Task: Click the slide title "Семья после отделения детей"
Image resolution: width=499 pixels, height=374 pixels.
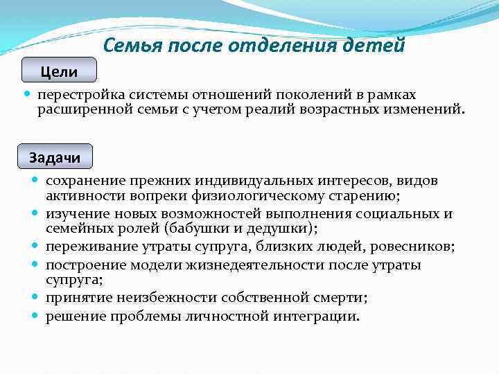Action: (253, 46)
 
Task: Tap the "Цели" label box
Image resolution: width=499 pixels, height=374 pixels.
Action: (59, 71)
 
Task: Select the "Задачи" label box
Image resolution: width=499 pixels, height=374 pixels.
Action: (55, 157)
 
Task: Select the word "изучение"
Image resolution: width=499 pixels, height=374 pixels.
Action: (76, 213)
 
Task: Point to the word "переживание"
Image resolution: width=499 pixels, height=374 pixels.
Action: (87, 246)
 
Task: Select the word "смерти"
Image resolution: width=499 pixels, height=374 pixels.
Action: (340, 298)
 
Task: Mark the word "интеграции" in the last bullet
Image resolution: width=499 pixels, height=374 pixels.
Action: (322, 317)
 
